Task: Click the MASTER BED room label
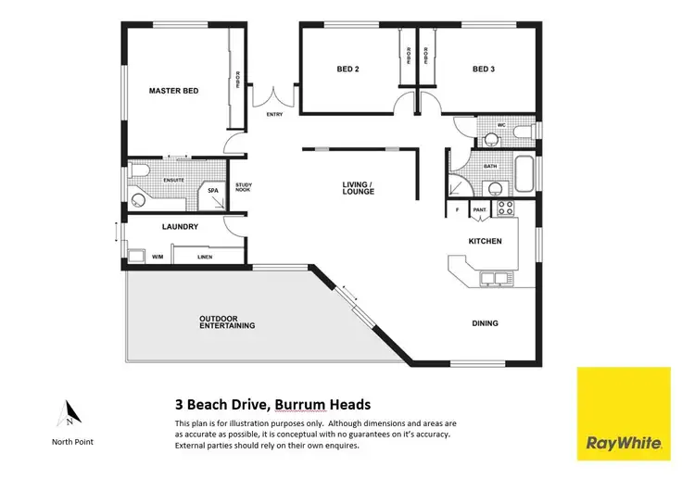point(174,91)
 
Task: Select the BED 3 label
point(484,69)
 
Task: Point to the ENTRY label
point(274,115)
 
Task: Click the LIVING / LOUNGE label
point(358,189)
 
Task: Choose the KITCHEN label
point(485,241)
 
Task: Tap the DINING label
point(485,323)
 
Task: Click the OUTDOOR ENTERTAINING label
point(227,322)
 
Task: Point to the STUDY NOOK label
point(245,189)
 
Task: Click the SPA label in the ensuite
point(212,191)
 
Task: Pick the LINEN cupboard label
point(205,256)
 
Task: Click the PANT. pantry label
point(480,210)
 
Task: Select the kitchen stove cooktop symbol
point(505,208)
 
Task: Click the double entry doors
point(275,96)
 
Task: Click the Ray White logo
point(624,413)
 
